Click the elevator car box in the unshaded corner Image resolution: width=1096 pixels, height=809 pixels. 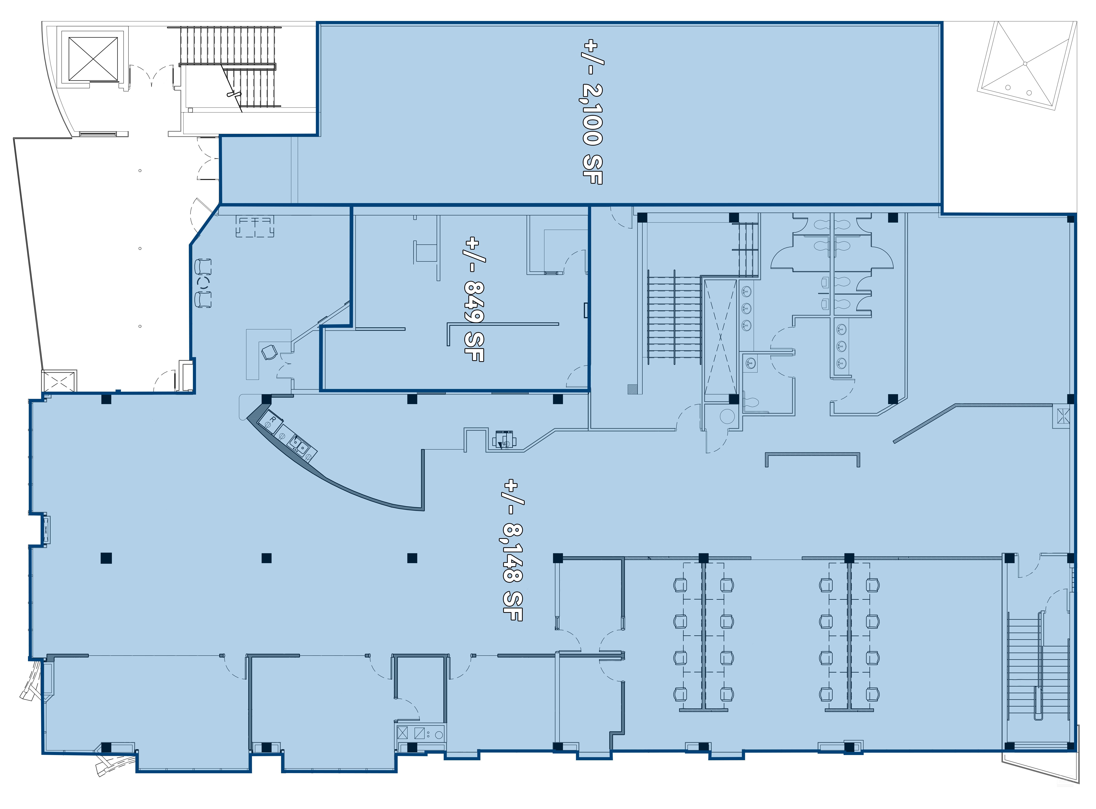point(93,59)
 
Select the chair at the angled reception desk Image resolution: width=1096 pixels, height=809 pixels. point(268,352)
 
